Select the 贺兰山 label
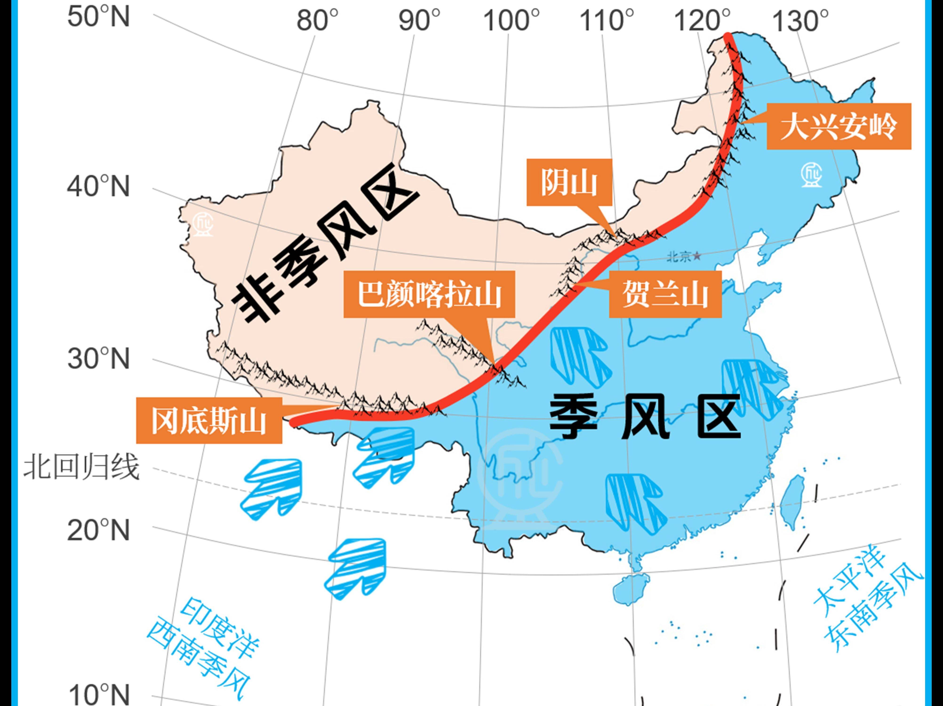(x=665, y=294)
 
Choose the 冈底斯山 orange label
(x=209, y=421)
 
